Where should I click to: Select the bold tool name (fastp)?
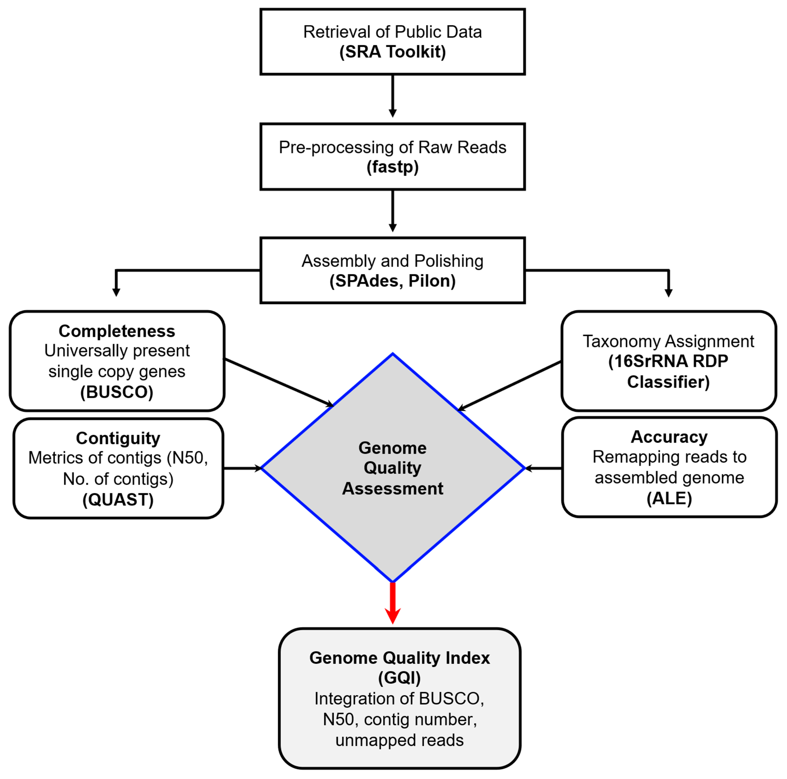pyautogui.click(x=392, y=167)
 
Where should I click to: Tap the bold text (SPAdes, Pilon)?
pyautogui.click(x=392, y=281)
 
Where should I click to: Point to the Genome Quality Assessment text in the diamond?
pyautogui.click(x=392, y=468)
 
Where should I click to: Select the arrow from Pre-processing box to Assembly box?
pyautogui.click(x=392, y=211)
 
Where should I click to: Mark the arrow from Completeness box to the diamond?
pyautogui.click(x=279, y=383)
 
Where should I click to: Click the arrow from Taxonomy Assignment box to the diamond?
pyautogui.click(x=509, y=386)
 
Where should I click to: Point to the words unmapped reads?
pyautogui.click(x=399, y=740)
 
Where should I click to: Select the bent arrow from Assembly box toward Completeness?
pyautogui.click(x=163, y=270)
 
